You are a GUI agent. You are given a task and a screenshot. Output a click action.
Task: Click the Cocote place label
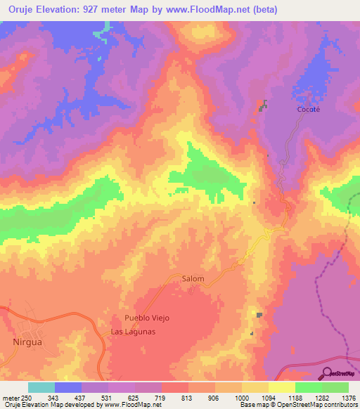point(308,110)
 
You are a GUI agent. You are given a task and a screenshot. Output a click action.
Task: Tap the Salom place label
point(193,279)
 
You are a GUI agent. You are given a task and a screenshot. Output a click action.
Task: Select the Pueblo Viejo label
point(147,318)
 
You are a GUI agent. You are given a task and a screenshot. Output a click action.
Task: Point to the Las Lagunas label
point(132,332)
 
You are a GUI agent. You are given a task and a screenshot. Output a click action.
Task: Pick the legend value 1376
point(349,398)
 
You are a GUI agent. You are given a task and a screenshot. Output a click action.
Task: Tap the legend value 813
point(188,398)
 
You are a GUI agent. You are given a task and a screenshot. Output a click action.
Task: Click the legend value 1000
point(242,398)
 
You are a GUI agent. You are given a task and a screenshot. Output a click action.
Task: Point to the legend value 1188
point(295,398)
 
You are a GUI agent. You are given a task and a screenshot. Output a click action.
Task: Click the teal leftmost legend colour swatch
point(41,387)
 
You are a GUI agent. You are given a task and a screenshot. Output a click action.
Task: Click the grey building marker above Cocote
point(264,105)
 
